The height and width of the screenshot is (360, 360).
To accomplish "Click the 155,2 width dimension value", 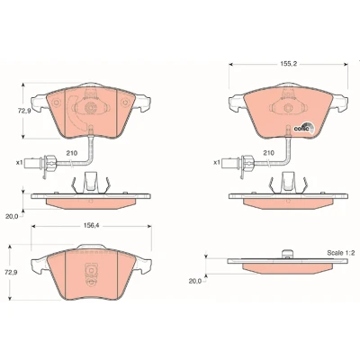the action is tap(288, 64).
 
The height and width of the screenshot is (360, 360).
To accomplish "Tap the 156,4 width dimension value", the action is tap(91, 226).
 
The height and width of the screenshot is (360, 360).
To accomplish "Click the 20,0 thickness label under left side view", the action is tap(12, 216).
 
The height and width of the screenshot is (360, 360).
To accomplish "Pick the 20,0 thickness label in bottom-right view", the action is tap(195, 281).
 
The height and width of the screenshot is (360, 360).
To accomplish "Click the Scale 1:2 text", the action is tap(341, 253).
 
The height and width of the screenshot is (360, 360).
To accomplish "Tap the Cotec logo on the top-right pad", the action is tap(303, 128).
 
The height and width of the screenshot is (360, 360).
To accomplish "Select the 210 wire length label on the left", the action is tap(72, 153).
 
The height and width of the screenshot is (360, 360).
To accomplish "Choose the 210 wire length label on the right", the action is tap(268, 153).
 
